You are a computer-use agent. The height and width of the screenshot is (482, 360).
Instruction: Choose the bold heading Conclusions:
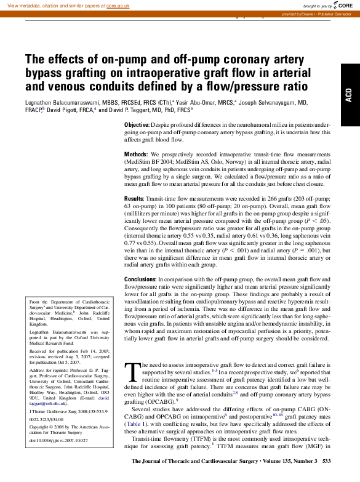tap(142, 279)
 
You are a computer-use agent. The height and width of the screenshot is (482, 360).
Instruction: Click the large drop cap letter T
tap(130, 372)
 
